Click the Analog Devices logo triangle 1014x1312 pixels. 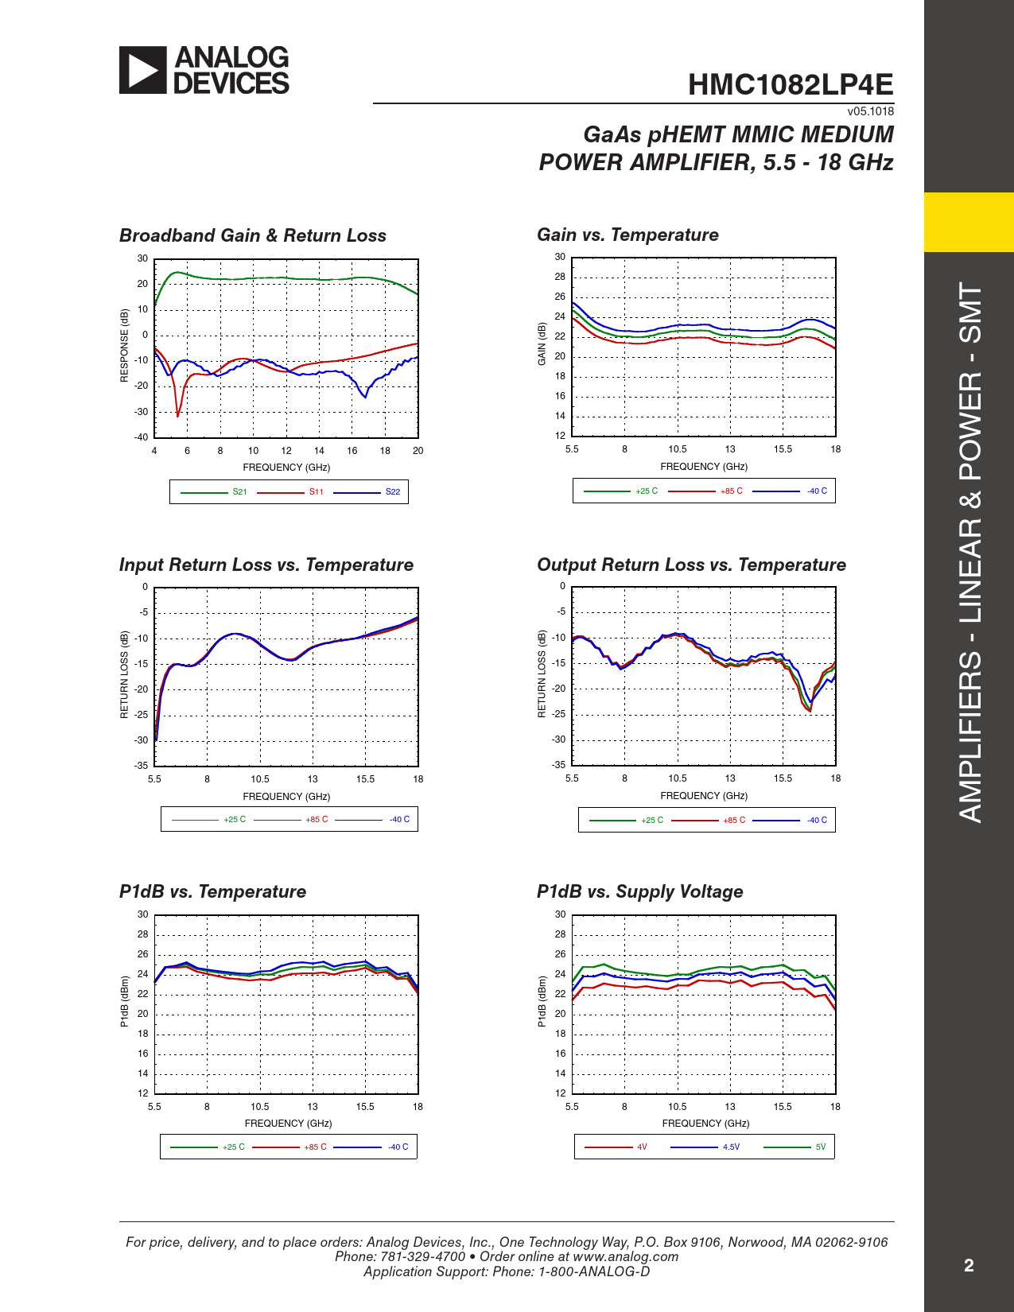pyautogui.click(x=142, y=70)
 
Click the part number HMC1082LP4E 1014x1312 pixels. pyautogui.click(x=790, y=85)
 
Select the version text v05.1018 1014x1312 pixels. pyautogui.click(x=870, y=111)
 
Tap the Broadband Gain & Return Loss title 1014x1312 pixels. pyautogui.click(x=252, y=235)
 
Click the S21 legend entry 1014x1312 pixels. pyautogui.click(x=239, y=492)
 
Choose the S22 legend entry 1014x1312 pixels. pyautogui.click(x=393, y=492)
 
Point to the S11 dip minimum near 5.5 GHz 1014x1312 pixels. pyautogui.click(x=177, y=415)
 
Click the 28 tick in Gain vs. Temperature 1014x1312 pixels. pyautogui.click(x=560, y=277)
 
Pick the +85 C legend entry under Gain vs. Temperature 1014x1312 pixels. pyautogui.click(x=731, y=491)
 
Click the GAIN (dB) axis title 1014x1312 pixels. pyautogui.click(x=542, y=344)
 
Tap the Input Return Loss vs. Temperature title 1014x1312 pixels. pyautogui.click(x=266, y=565)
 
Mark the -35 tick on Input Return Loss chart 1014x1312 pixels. pyautogui.click(x=141, y=766)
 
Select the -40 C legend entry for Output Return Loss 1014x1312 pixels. pyautogui.click(x=817, y=821)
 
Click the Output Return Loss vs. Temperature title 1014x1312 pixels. pyautogui.click(x=691, y=565)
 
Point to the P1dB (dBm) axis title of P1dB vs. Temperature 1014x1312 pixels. pyautogui.click(x=124, y=1002)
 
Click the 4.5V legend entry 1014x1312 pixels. pyautogui.click(x=731, y=1147)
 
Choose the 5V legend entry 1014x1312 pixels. pyautogui.click(x=821, y=1147)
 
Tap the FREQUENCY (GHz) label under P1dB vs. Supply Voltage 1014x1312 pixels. pyautogui.click(x=705, y=1124)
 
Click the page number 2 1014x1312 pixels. pyautogui.click(x=969, y=1266)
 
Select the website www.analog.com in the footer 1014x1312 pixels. pyautogui.click(x=625, y=1256)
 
